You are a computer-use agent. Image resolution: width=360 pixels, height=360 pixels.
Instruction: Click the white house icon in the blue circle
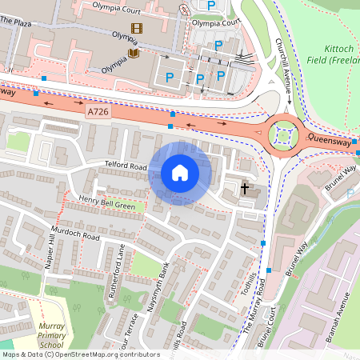tap(180, 173)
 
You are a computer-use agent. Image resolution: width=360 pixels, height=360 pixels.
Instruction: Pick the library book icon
tap(133, 54)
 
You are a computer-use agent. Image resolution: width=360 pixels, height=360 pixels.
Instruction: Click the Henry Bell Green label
tap(106, 204)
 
